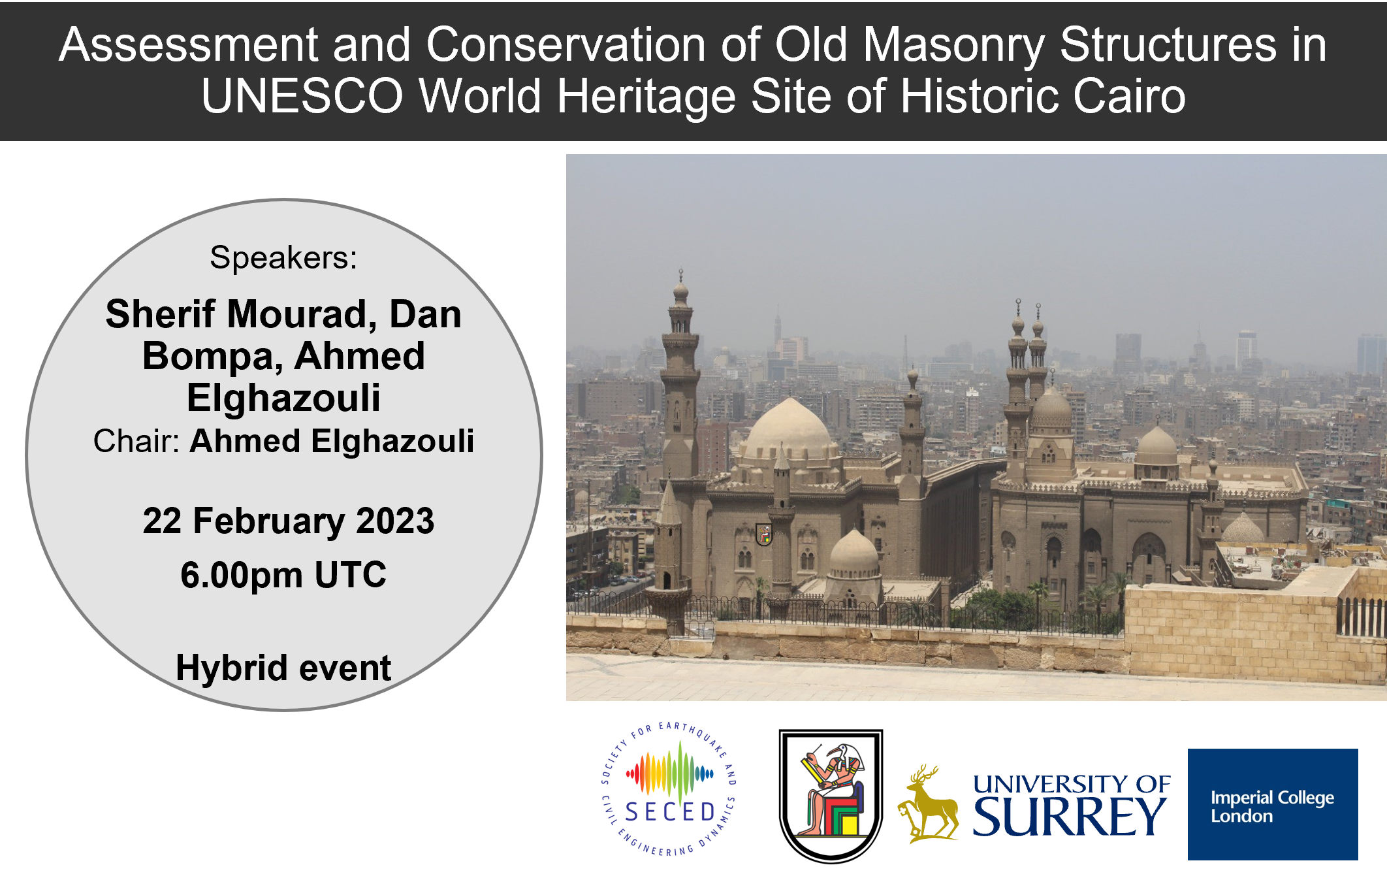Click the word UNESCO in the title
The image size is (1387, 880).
[302, 95]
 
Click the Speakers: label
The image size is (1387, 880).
[283, 257]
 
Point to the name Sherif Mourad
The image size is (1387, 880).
[241, 314]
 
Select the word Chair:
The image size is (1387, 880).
[136, 441]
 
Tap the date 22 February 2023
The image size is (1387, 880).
[288, 521]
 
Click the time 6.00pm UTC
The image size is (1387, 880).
[283, 575]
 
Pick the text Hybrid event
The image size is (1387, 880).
[283, 668]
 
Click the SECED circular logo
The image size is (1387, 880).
[669, 789]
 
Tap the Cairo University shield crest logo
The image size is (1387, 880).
[831, 796]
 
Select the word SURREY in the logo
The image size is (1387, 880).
[1069, 817]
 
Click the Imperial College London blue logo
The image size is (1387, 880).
[1273, 804]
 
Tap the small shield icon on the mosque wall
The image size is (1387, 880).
[764, 534]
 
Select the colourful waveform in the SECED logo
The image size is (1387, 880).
[670, 774]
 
